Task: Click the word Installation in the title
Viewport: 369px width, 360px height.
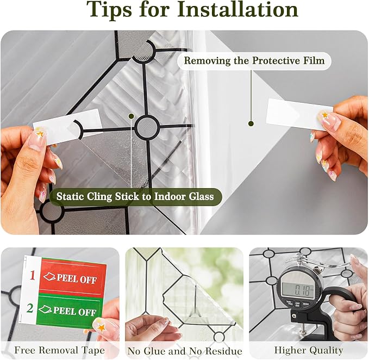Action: point(237,10)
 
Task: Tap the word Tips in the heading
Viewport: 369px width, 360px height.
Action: point(109,10)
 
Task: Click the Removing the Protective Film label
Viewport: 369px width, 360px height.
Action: point(254,61)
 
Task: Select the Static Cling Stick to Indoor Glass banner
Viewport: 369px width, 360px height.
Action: point(135,197)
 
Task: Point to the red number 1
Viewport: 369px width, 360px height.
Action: point(33,275)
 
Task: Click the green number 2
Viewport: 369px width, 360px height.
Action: point(30,308)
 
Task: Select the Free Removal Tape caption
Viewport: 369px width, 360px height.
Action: point(60,350)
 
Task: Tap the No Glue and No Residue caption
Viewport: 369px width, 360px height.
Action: point(185,351)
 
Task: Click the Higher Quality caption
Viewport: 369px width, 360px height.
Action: point(309,350)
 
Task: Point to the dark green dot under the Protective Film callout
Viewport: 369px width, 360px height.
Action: point(251,123)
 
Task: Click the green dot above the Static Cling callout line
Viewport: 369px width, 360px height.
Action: point(132,116)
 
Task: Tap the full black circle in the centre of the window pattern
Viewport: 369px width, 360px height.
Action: point(147,127)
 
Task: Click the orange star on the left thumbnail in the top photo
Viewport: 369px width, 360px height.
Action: point(40,134)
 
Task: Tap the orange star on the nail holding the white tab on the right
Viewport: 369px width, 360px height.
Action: point(325,115)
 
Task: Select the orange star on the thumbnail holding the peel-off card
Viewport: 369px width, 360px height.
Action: point(101,327)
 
